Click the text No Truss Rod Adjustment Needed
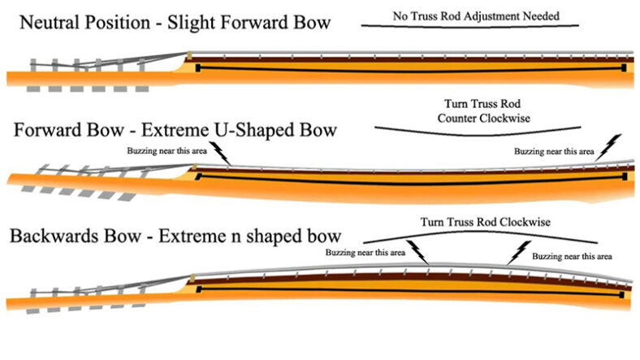click(476, 14)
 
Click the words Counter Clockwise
click(477, 118)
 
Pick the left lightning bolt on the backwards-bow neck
click(417, 249)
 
